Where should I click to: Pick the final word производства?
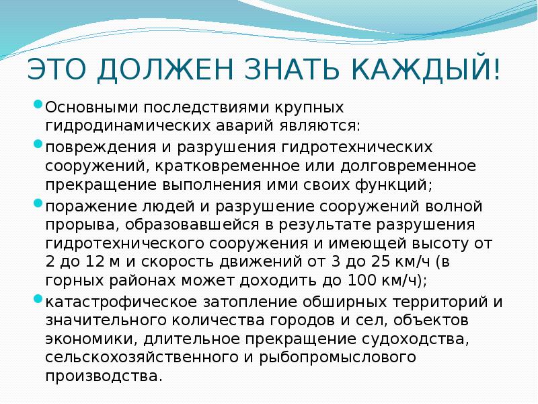[104, 376]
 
